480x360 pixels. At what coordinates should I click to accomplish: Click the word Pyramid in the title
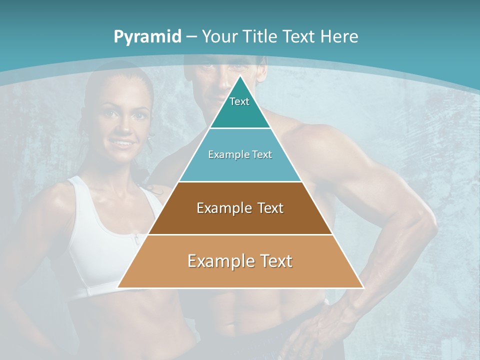[x=147, y=37]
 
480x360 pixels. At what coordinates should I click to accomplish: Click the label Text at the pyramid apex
[x=239, y=101]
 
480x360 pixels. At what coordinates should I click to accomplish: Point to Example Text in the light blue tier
[x=240, y=154]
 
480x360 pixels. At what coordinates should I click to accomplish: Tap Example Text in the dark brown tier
[x=240, y=208]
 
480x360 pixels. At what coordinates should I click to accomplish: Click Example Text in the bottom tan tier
[x=240, y=261]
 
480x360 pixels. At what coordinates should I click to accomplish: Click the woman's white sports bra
[x=100, y=235]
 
